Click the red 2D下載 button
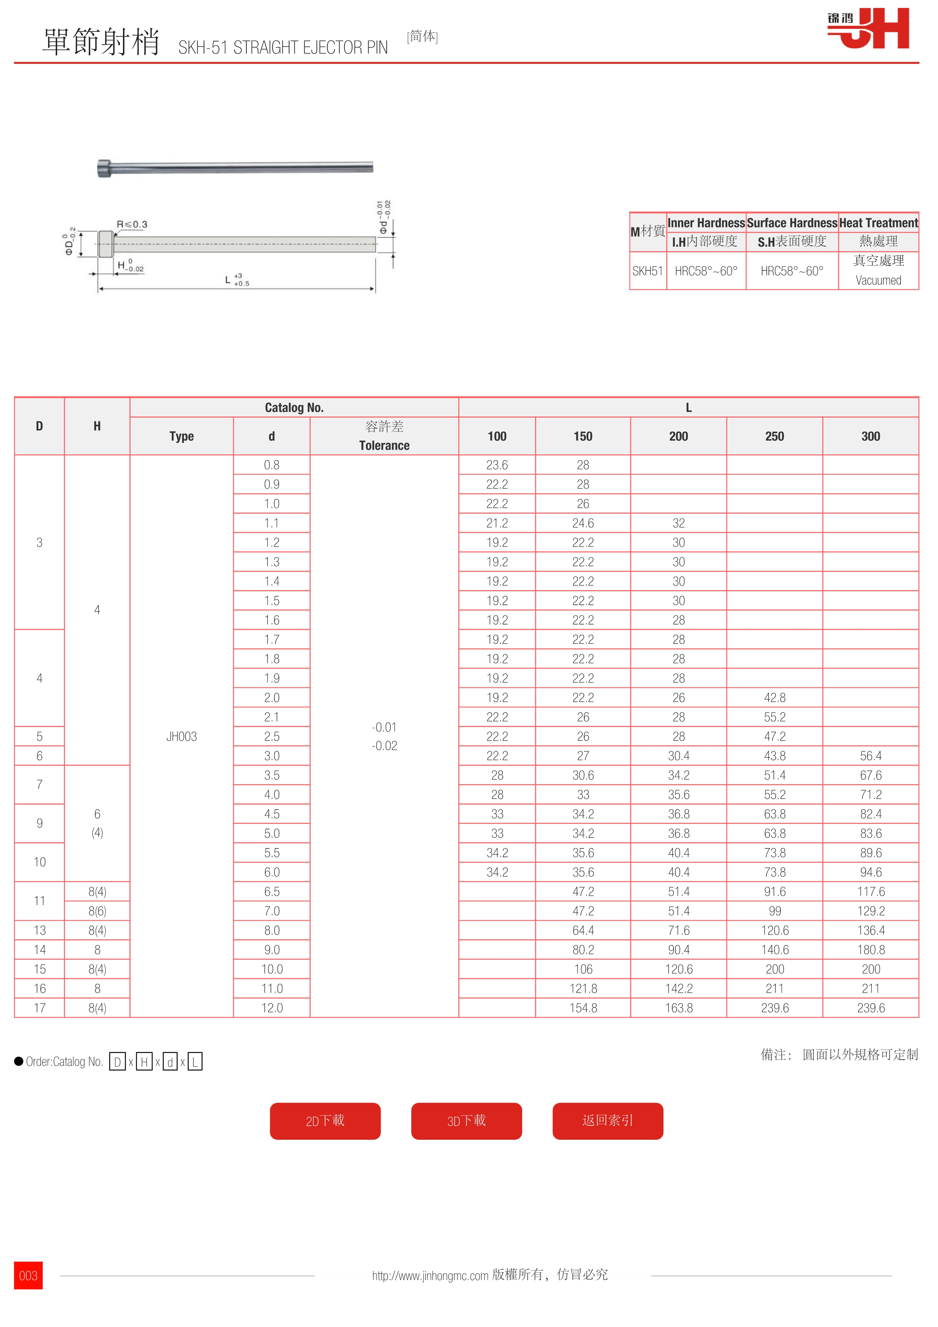click(x=325, y=1121)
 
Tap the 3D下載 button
click(x=467, y=1121)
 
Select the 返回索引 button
click(x=607, y=1121)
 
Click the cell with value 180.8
click(x=870, y=949)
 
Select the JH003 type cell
click(x=182, y=737)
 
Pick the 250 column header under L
click(x=775, y=437)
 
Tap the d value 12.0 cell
click(x=272, y=1008)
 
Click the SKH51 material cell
click(x=647, y=271)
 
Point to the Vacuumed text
click(x=878, y=280)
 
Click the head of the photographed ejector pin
click(x=104, y=168)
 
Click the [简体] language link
click(x=423, y=36)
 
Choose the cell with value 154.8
click(x=583, y=1008)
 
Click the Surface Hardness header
click(x=792, y=223)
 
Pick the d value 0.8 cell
click(x=272, y=465)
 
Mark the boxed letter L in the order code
click(x=195, y=1062)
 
